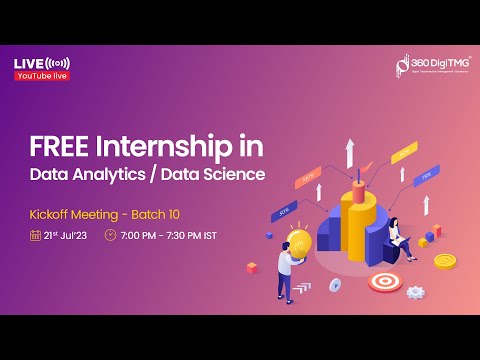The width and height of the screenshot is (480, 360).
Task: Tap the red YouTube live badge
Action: click(42, 76)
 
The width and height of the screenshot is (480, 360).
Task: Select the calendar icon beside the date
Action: click(35, 236)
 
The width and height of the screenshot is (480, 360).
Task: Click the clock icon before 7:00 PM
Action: click(111, 236)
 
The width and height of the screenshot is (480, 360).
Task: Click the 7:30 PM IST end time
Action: click(191, 236)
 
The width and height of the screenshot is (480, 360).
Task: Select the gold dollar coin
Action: click(444, 260)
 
